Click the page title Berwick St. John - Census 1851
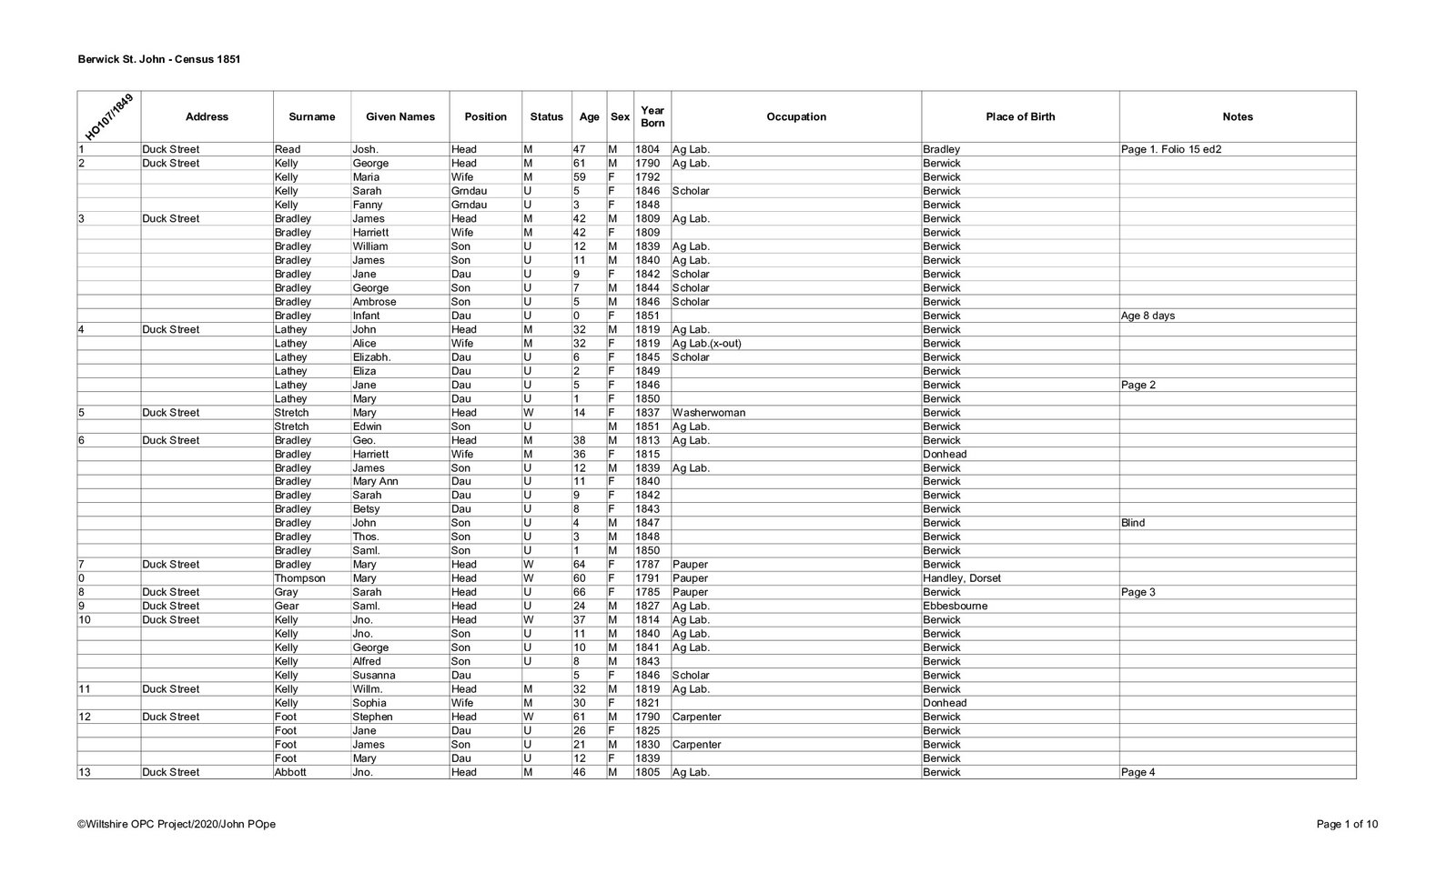point(158,59)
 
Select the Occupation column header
point(795,116)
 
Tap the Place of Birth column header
point(1019,116)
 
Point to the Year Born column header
point(652,116)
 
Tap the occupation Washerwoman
point(708,413)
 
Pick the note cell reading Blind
point(1133,523)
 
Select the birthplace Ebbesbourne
point(955,606)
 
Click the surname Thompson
point(299,578)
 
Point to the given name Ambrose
point(374,302)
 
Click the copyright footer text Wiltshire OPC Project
point(177,824)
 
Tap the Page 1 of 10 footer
point(1347,824)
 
